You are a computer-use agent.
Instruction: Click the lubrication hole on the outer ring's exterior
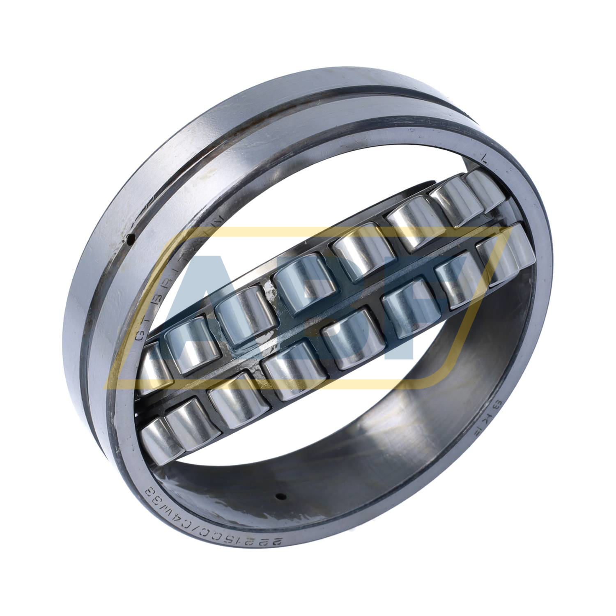(130, 237)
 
